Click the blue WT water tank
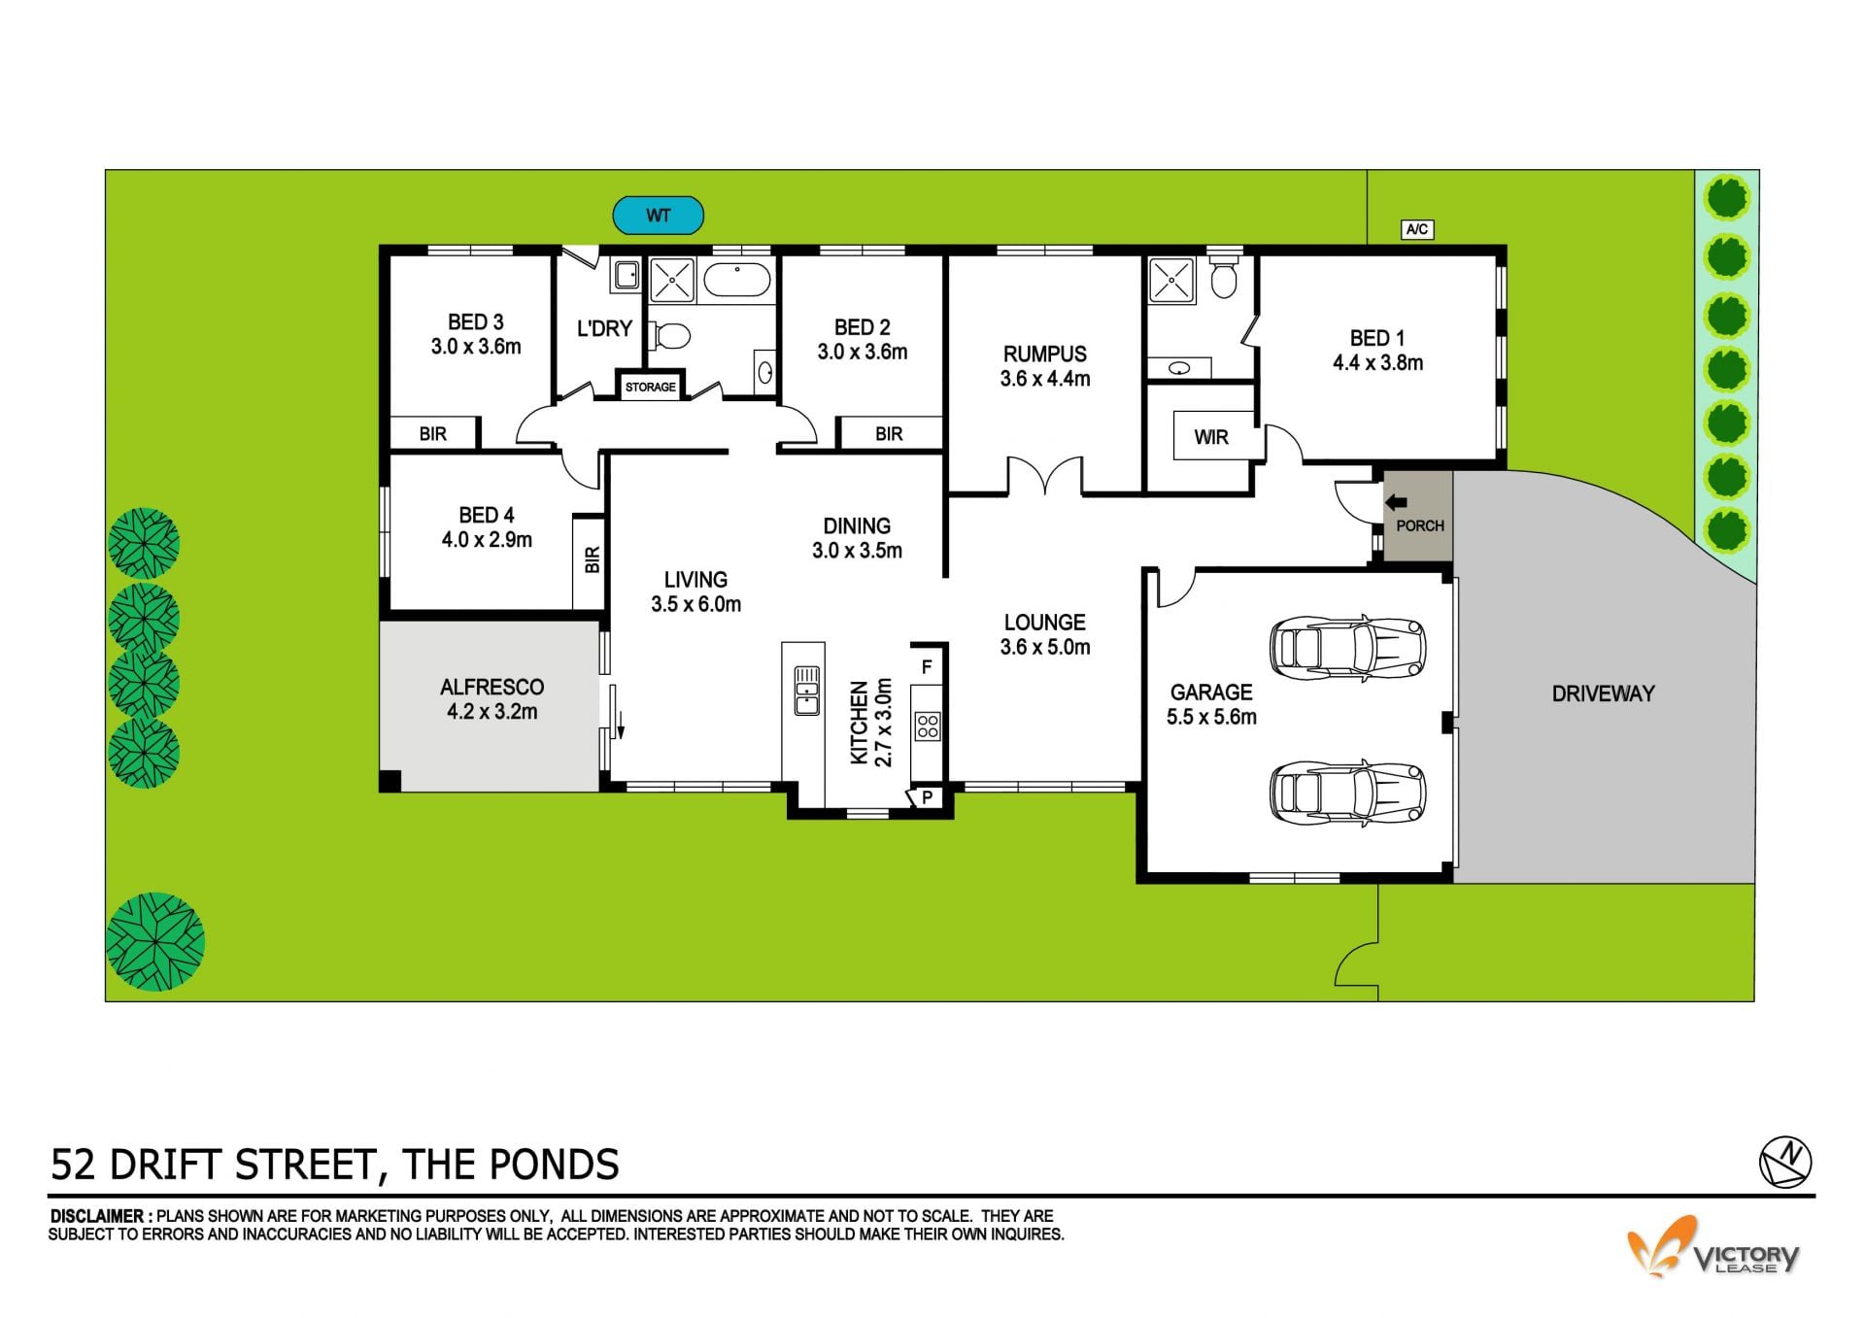pos(658,215)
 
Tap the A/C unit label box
pos(1417,229)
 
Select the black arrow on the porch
pos(1396,502)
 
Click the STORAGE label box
pos(651,387)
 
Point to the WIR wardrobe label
pos(1211,437)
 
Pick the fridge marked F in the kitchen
pos(927,666)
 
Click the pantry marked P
pos(927,797)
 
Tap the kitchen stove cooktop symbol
pos(928,727)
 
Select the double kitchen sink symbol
pos(806,690)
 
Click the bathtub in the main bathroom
pos(737,280)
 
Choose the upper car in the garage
pos(1348,645)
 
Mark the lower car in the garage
pos(1348,793)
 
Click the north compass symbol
pos(1786,1161)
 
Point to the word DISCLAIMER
pos(96,1216)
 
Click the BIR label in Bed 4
pos(592,559)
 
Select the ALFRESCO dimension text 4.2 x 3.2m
pos(492,712)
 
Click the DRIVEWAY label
pos(1603,693)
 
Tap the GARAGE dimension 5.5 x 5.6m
pos(1211,718)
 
